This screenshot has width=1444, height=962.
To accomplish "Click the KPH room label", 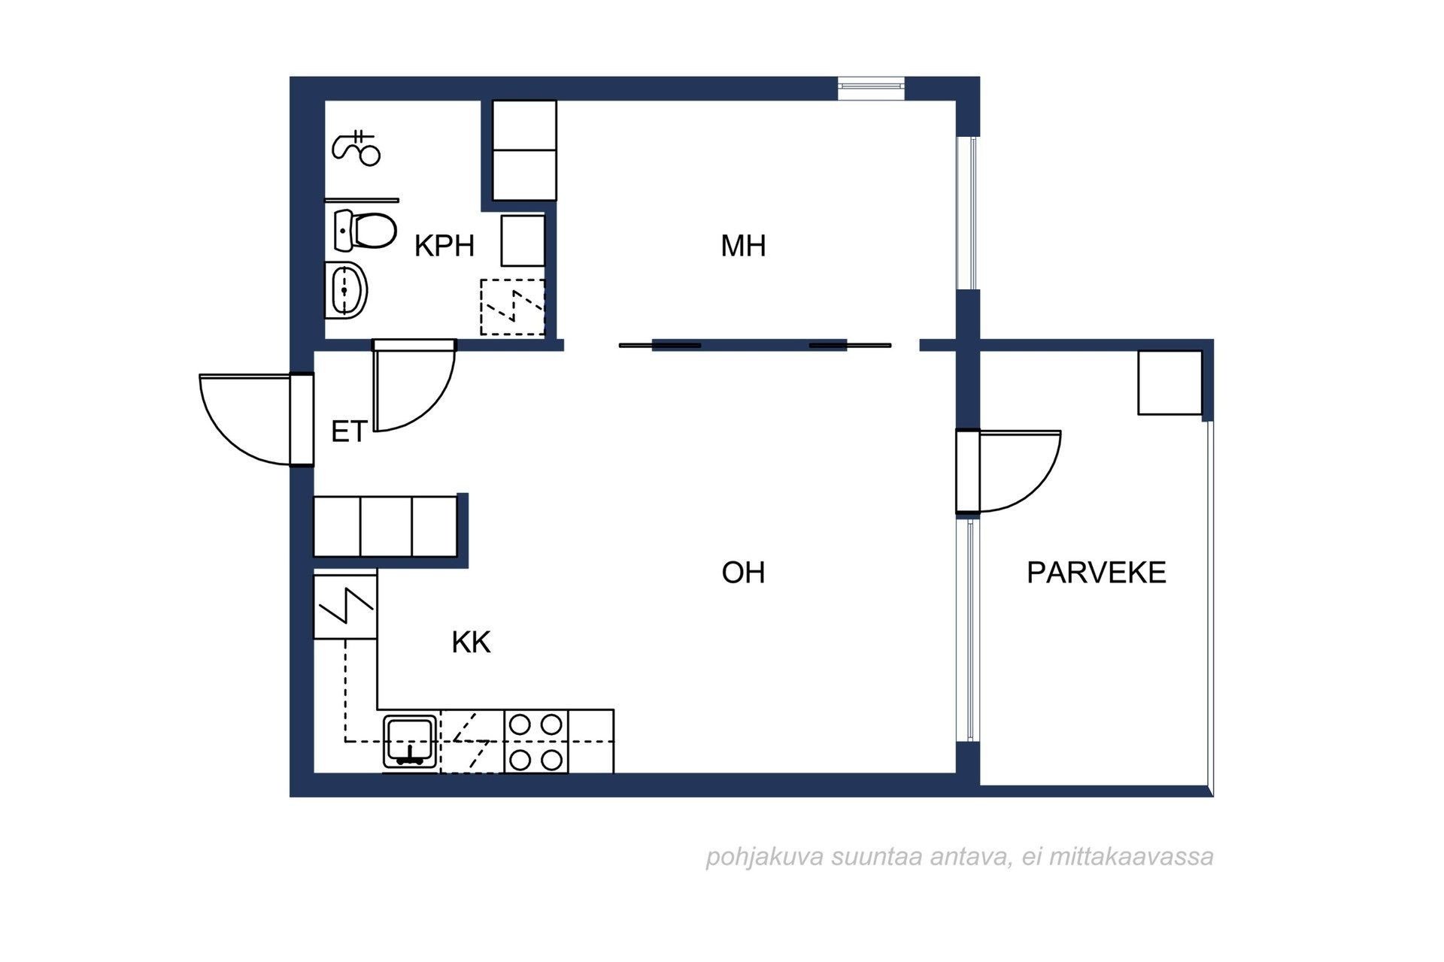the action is click(x=444, y=246).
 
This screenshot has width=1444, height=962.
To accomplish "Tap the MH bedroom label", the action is click(x=743, y=246).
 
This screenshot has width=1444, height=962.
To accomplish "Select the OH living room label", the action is click(x=743, y=573).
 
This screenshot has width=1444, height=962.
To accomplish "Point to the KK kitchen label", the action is click(x=471, y=643).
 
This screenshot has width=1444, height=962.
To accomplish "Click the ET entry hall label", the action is click(x=349, y=432).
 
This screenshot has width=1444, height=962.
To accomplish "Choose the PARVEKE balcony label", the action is click(x=1096, y=573).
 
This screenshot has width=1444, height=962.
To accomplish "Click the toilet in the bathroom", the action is click(x=364, y=230).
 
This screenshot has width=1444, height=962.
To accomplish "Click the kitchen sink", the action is click(x=410, y=741).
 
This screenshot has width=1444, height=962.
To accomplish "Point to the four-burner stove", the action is click(x=535, y=742).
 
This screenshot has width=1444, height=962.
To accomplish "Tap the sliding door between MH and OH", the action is click(x=755, y=346).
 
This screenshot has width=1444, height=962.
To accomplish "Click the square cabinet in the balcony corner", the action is click(x=1169, y=383).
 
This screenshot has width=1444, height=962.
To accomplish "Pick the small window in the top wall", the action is click(x=872, y=88).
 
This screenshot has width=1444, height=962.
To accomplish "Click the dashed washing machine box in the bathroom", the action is click(x=512, y=307).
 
